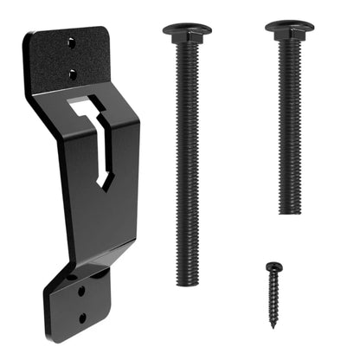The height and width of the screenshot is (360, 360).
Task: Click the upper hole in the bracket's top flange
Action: tap(73, 41)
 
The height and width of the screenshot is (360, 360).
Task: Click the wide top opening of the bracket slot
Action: tap(86, 110)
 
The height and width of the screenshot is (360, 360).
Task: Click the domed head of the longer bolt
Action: tap(186, 28)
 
